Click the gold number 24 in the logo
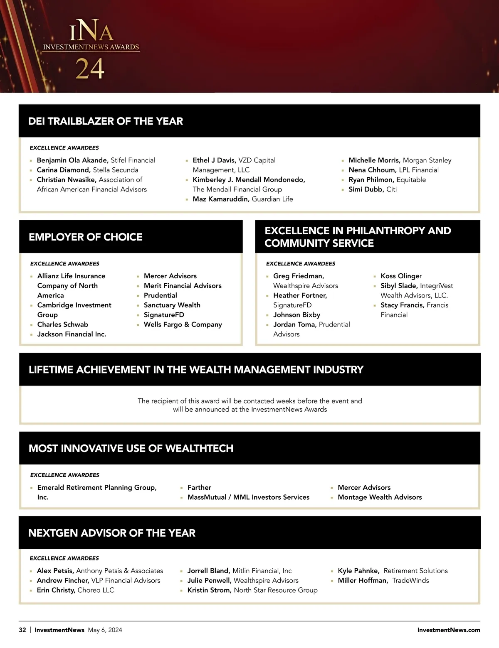(90, 69)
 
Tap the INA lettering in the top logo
(91, 31)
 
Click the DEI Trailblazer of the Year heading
(106, 121)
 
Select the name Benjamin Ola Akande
(72, 160)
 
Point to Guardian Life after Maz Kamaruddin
(272, 199)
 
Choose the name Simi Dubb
(366, 189)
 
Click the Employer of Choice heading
(86, 237)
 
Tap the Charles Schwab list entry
(63, 324)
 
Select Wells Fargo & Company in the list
(183, 324)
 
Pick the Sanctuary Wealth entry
(172, 305)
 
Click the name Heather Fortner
(300, 295)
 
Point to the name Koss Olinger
(401, 276)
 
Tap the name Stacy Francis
(402, 305)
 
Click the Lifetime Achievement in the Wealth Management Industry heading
(196, 370)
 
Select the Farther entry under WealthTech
(199, 487)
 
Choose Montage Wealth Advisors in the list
(380, 497)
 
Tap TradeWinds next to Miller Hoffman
(410, 580)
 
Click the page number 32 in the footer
(22, 630)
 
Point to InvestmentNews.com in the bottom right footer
(449, 630)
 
